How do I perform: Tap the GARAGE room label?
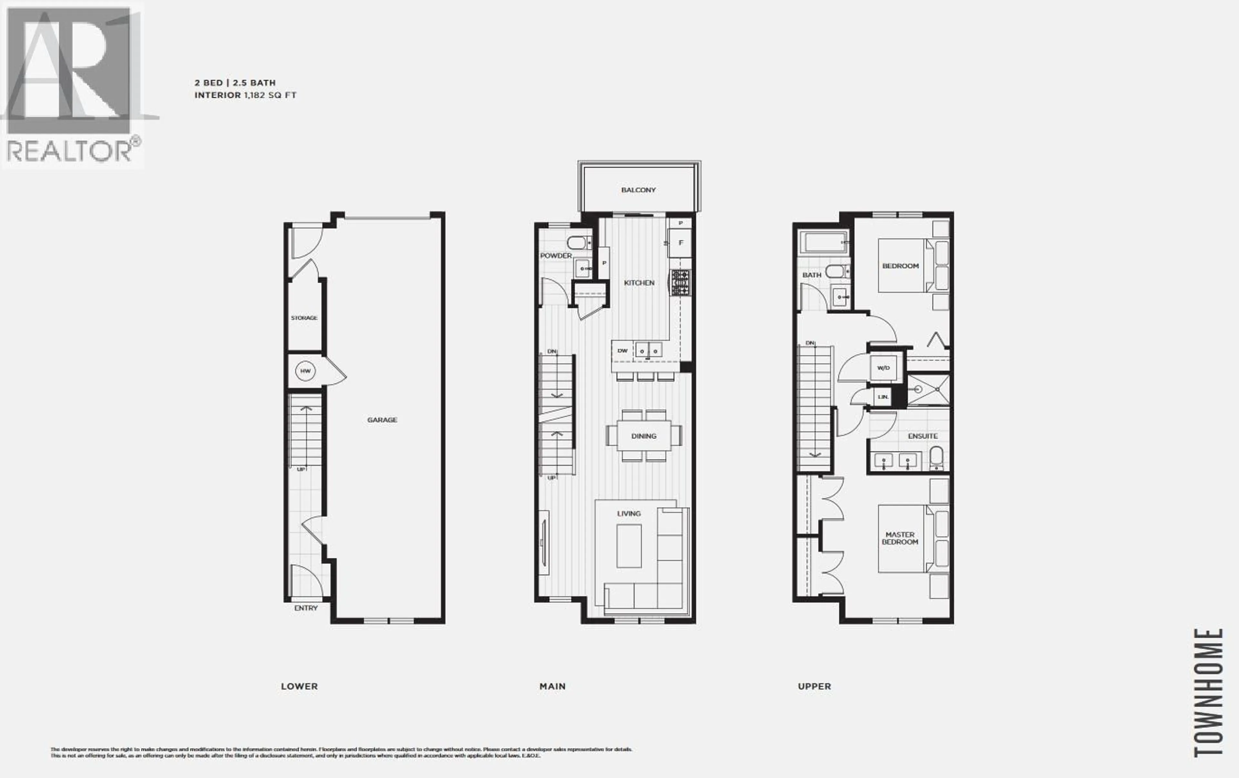[x=382, y=420]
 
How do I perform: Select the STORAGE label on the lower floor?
[x=304, y=318]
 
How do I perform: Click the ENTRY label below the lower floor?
[x=306, y=608]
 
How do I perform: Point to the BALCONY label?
[x=638, y=190]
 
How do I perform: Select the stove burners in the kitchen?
[x=680, y=283]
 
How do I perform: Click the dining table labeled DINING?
[x=644, y=436]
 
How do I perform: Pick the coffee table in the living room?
[x=629, y=545]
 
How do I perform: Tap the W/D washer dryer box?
[x=883, y=368]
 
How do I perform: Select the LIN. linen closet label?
[x=883, y=397]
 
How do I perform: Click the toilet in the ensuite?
[x=936, y=457]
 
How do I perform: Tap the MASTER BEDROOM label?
[x=900, y=538]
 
